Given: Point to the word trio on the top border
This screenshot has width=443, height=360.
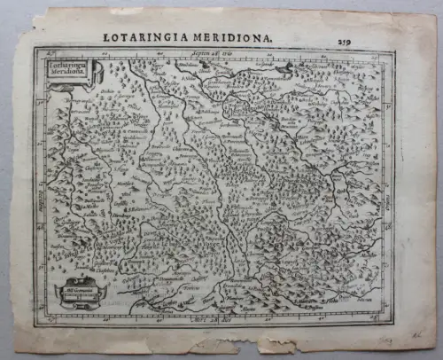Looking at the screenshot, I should (x=237, y=54).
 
